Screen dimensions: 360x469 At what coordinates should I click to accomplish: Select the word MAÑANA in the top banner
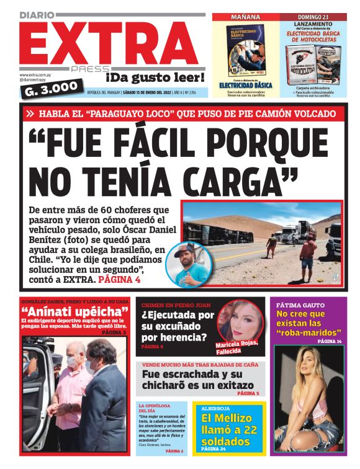(x=245, y=17)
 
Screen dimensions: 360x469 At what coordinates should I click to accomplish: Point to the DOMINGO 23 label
(x=313, y=17)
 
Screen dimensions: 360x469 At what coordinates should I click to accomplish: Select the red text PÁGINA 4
(x=120, y=280)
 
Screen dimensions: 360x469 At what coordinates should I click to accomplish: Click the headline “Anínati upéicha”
(x=74, y=311)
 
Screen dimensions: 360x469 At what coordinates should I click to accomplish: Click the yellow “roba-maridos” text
(x=308, y=333)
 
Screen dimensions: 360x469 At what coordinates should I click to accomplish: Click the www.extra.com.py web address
(x=35, y=74)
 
